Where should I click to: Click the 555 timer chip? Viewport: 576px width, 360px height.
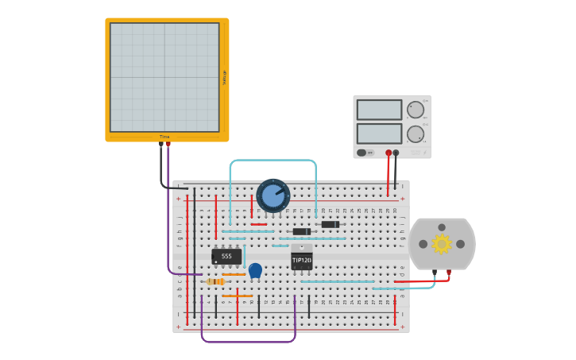point(226,257)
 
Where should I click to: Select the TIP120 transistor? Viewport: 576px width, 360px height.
point(301,260)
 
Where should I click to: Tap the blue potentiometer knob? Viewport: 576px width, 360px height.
point(273,195)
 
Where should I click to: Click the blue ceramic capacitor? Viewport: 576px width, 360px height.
point(255,271)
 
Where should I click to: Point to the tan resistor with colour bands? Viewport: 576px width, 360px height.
point(215,281)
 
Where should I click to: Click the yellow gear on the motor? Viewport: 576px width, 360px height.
point(441,244)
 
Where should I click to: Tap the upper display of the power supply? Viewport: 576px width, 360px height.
point(379,110)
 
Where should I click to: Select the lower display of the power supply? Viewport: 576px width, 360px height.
point(379,133)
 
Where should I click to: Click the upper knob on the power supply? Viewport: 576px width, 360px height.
point(415,110)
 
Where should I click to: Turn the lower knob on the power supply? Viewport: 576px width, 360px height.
point(415,134)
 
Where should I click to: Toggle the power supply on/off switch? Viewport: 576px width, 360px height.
point(362,153)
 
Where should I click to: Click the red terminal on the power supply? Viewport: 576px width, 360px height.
point(389,153)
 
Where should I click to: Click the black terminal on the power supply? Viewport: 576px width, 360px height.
point(396,153)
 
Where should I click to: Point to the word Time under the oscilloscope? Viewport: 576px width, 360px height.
point(164,137)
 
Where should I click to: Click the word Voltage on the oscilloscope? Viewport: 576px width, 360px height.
point(225,77)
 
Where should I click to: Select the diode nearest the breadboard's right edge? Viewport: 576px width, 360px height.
point(330,224)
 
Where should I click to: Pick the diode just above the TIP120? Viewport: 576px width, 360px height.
point(301,231)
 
